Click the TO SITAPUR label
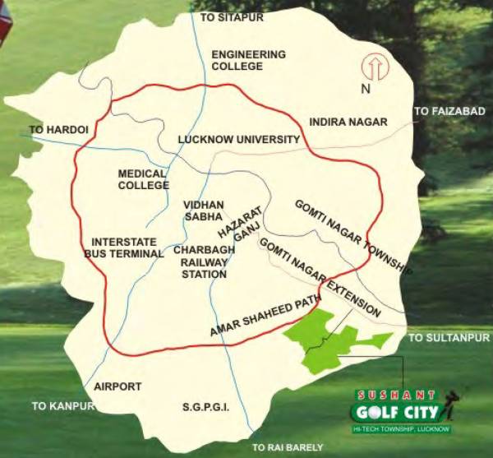(223, 16)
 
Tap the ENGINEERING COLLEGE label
(249, 60)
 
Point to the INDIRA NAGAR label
(348, 122)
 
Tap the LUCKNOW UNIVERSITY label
(239, 140)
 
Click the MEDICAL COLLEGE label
(143, 179)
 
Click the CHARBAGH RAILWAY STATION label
(200, 262)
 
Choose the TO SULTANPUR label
(449, 338)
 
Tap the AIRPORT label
(117, 386)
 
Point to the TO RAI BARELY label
(287, 447)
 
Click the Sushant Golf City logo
(401, 409)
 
